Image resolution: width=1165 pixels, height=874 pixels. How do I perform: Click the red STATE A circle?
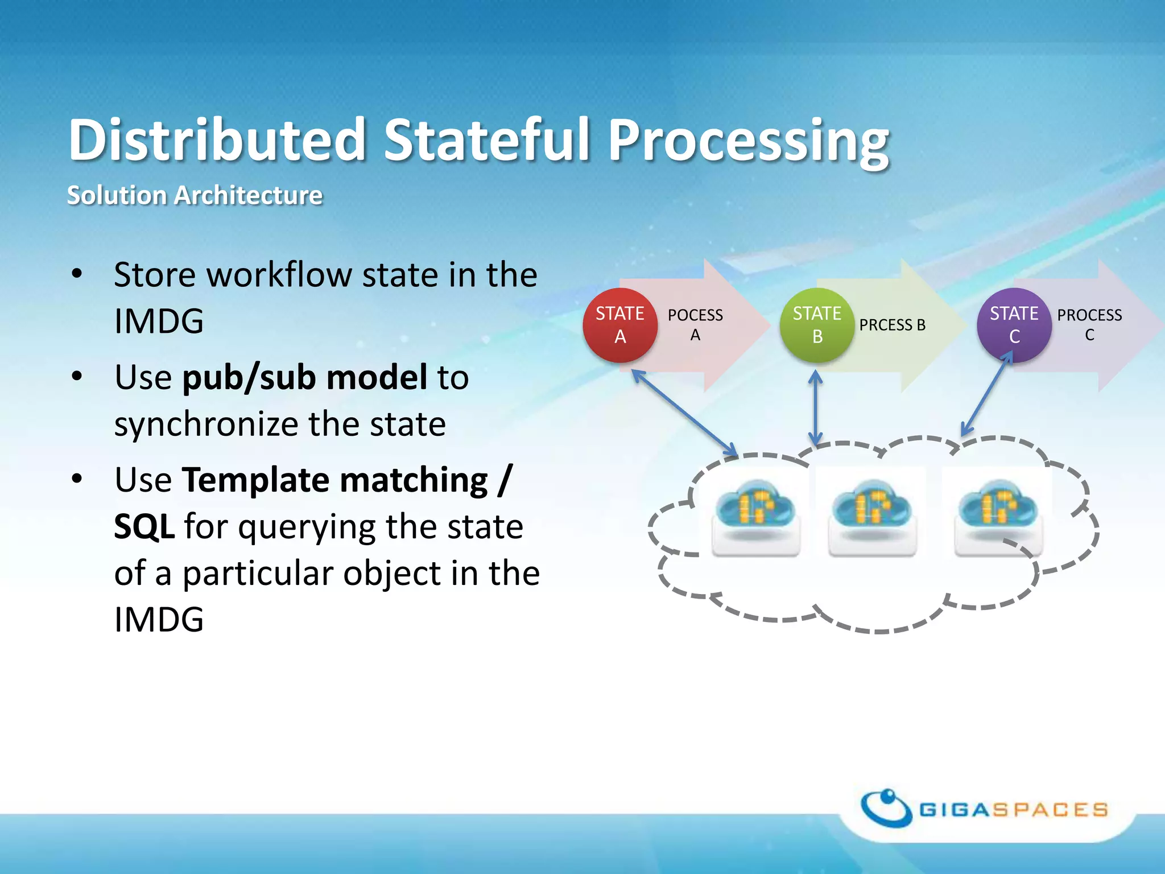(x=620, y=325)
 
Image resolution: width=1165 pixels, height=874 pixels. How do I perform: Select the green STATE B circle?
(x=817, y=325)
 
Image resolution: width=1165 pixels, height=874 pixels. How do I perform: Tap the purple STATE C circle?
(x=1014, y=325)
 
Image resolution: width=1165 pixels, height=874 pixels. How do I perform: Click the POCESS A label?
(x=695, y=325)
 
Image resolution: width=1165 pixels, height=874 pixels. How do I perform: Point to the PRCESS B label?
(x=892, y=325)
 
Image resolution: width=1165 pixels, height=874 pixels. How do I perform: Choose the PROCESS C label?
(x=1089, y=325)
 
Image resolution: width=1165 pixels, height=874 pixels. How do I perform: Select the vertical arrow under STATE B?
(x=816, y=407)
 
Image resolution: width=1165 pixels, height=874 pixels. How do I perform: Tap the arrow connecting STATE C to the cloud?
(x=986, y=394)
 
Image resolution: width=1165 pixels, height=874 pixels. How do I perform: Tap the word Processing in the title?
(x=749, y=140)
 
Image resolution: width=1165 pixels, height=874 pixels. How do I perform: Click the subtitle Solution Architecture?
(x=195, y=195)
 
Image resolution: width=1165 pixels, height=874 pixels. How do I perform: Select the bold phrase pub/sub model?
(x=305, y=377)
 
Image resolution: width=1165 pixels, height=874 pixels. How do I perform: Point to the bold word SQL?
(x=144, y=526)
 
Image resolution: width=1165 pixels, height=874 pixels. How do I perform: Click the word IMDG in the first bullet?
(x=159, y=321)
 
